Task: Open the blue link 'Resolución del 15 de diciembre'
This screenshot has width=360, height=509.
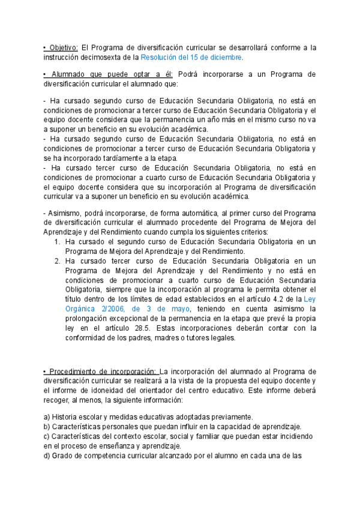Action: point(191,57)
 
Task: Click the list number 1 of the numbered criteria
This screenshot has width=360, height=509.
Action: point(57,241)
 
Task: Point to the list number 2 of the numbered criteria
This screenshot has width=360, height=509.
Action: point(57,261)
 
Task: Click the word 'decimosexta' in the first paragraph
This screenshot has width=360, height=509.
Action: point(107,57)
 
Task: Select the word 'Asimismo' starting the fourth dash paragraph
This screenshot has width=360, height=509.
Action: point(64,214)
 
